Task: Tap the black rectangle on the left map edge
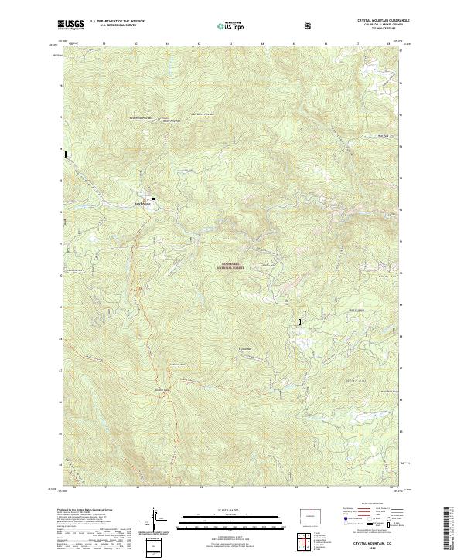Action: click(66, 154)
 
